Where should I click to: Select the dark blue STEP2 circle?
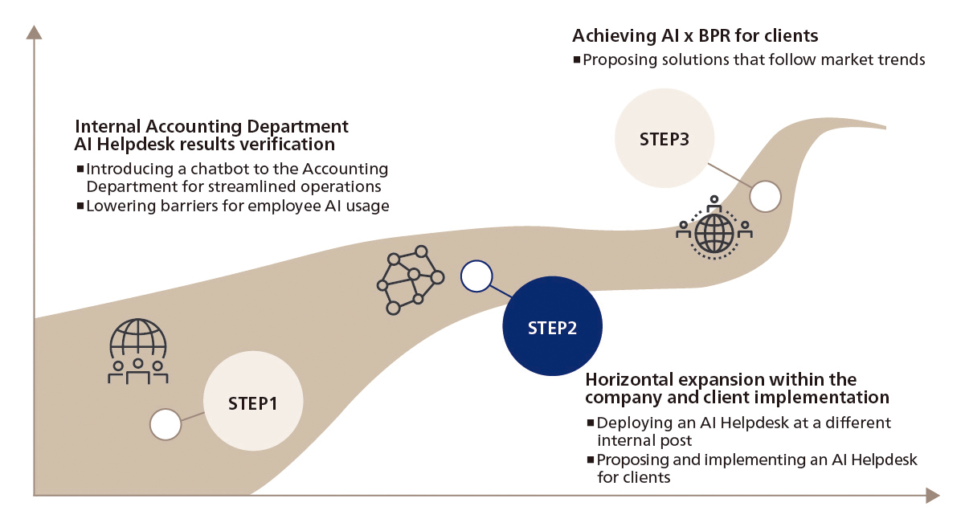click(x=552, y=328)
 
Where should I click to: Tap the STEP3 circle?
click(x=664, y=137)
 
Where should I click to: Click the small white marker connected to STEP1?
click(x=166, y=424)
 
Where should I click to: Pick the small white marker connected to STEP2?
click(x=476, y=276)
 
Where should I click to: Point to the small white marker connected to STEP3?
click(x=765, y=196)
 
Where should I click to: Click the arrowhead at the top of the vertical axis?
click(x=34, y=33)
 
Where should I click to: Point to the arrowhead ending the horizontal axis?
click(x=931, y=496)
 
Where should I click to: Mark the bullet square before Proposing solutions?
click(x=577, y=59)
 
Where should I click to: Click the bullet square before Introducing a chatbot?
click(x=80, y=170)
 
